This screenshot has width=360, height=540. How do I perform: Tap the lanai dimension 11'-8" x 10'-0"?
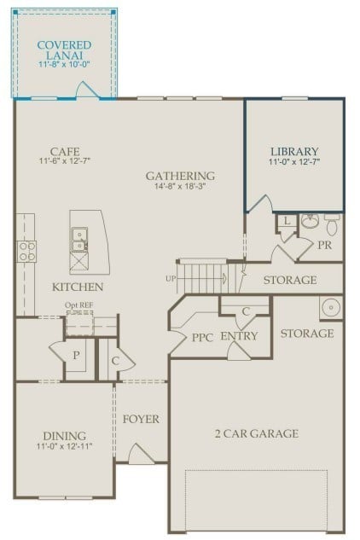65,64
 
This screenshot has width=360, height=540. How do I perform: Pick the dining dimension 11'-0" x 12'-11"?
65,446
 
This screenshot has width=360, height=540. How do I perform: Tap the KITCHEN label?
78,287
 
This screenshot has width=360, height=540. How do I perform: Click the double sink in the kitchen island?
78,239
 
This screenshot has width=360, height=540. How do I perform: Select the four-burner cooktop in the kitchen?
27,251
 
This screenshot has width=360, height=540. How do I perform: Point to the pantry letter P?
74,355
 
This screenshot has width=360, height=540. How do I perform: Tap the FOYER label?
141,419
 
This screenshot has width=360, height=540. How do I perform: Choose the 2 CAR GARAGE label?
256,433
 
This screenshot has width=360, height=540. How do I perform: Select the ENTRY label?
239,336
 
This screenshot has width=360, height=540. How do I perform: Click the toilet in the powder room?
332,224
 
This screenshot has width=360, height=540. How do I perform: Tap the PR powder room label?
324,244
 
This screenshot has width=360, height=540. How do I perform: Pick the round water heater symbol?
330,306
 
